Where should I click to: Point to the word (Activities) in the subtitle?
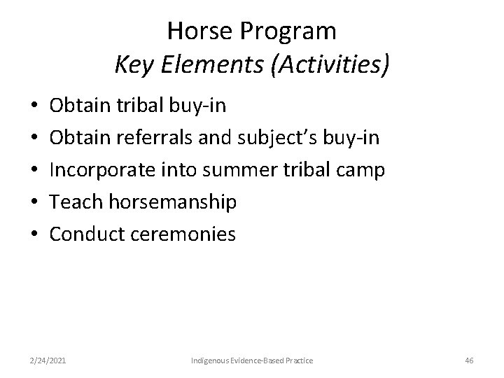328,66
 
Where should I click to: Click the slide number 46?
469,360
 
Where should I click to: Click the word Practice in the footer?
298,360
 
